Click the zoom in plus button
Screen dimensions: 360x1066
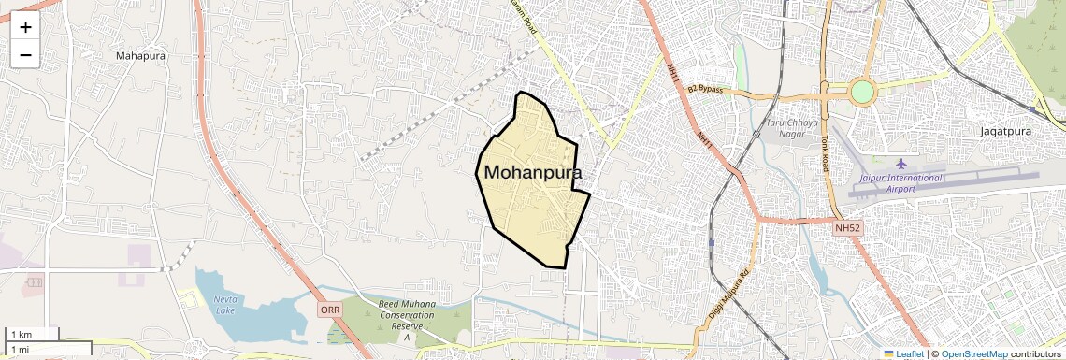coord(25,27)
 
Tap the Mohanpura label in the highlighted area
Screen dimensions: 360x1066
coord(532,173)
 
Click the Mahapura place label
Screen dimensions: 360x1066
coord(141,56)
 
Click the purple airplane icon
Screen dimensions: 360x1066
coord(901,165)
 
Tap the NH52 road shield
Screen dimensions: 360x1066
coord(847,227)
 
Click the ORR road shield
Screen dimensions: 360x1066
coord(329,309)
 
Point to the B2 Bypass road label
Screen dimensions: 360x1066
coord(706,89)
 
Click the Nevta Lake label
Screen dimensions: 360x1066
coord(224,304)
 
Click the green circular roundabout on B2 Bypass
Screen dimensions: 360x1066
coord(862,92)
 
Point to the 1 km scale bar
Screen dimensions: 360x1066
coord(33,334)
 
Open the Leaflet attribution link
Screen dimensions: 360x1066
coord(903,354)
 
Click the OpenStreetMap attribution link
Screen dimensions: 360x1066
coord(973,354)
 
